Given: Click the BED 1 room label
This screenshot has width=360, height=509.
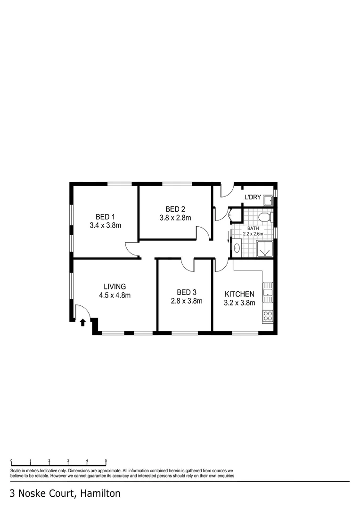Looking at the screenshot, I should click(105, 217).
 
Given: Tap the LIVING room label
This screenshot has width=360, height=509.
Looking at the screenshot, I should click(115, 287).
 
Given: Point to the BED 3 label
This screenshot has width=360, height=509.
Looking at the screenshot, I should click(186, 292).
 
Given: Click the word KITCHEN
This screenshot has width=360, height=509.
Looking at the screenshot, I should click(239, 294).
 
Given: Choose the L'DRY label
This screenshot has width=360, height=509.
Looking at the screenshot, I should click(252, 197).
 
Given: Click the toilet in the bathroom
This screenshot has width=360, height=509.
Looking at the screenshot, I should click(265, 217).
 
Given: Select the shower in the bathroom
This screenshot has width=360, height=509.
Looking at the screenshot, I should click(264, 248).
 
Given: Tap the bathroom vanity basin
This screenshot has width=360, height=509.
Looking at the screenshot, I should click(237, 246).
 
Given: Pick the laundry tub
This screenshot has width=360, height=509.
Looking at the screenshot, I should click(269, 202).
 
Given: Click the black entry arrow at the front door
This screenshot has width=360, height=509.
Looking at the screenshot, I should click(83, 322).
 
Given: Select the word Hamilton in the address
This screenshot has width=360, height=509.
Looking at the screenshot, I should click(100, 493).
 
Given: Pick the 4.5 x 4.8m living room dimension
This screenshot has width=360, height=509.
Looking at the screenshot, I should click(115, 296).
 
